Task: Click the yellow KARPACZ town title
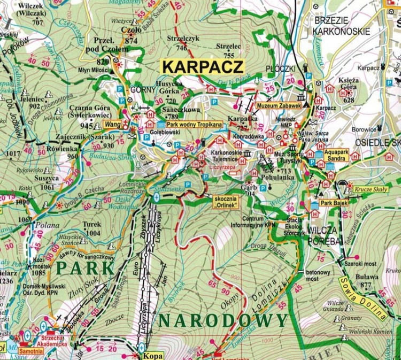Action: pyautogui.click(x=203, y=67)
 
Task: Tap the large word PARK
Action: pyautogui.click(x=86, y=267)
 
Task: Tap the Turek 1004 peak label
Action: pyautogui.click(x=92, y=229)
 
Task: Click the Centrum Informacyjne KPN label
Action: pyautogui.click(x=263, y=221)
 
